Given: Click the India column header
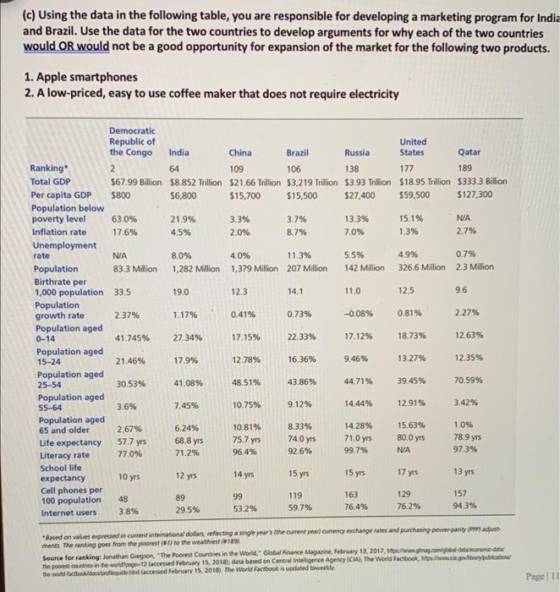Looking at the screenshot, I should [x=178, y=153].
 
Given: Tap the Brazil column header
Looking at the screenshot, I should [x=297, y=153].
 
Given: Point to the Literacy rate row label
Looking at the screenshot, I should [x=58, y=453].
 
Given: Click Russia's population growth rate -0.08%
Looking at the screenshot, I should [x=359, y=315].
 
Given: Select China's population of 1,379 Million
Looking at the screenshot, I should [x=255, y=268].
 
